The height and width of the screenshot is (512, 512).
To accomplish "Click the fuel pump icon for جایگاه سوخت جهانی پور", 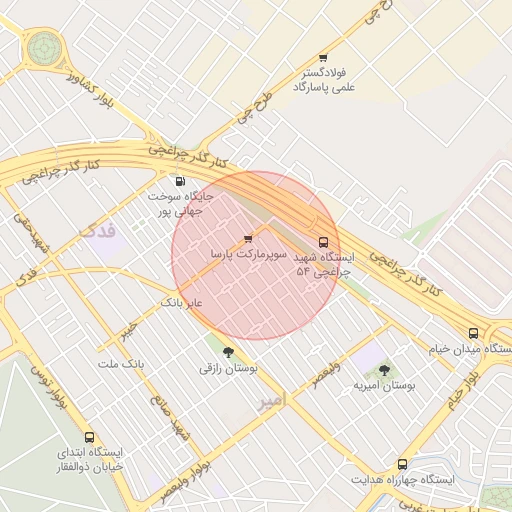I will click(180, 181).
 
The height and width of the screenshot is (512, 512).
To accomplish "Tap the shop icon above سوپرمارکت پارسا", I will click(248, 238).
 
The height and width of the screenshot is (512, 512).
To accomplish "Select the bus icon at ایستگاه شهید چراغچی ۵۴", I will click(322, 241).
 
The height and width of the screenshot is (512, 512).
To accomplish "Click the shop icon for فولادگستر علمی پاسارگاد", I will click(322, 58).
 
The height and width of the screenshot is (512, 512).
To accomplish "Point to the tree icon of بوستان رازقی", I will click(228, 351).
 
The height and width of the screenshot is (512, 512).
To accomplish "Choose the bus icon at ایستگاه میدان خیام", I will click(473, 333).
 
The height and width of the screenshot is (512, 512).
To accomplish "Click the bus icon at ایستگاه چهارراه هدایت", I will click(402, 464).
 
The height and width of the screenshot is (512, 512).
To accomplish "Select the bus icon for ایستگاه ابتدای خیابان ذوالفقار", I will click(90, 437).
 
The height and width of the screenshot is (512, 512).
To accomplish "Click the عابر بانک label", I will click(182, 301).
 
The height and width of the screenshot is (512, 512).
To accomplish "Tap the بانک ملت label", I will click(120, 363).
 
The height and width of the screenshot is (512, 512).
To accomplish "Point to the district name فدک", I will click(97, 231).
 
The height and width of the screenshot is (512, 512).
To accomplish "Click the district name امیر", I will click(271, 400).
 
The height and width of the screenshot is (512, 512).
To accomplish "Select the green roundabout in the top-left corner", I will click(44, 46).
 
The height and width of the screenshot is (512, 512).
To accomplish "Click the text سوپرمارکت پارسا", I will click(248, 255).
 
